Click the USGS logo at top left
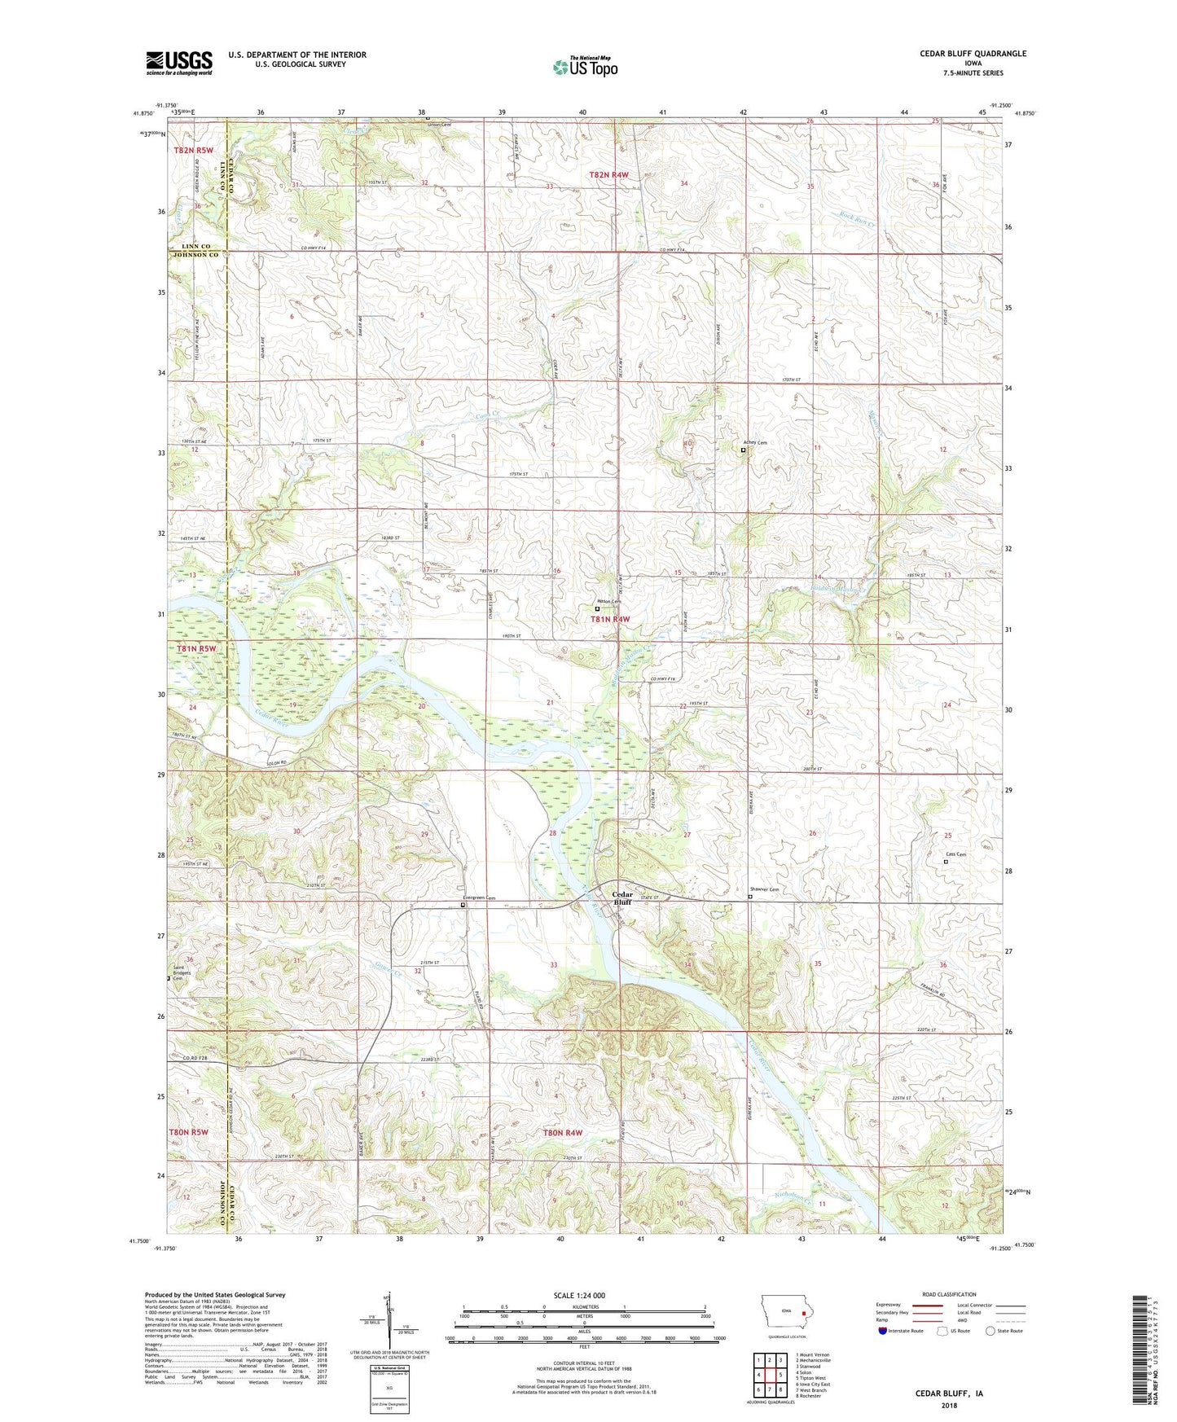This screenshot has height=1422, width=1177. coord(179,63)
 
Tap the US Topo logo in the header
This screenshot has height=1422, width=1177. coord(585,67)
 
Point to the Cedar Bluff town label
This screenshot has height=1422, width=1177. coord(622,898)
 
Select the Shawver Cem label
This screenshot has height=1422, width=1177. coord(764,889)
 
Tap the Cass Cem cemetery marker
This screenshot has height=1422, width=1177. coord(946,861)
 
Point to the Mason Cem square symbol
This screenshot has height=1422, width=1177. coord(597,608)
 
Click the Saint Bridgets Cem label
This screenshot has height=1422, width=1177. coord(181,973)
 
